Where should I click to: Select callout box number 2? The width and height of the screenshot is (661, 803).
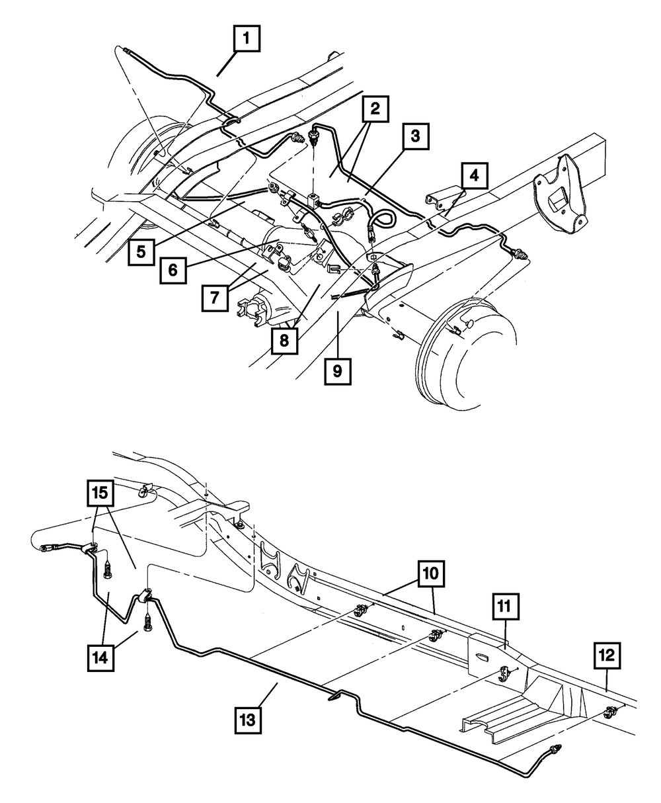point(375,110)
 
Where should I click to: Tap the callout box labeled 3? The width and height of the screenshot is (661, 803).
point(414,138)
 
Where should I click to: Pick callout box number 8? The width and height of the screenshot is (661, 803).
point(284,342)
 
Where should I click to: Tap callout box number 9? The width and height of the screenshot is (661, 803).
point(336,371)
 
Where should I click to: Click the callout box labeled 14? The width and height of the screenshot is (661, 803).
point(106,657)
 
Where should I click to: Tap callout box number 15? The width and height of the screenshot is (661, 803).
point(99,492)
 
